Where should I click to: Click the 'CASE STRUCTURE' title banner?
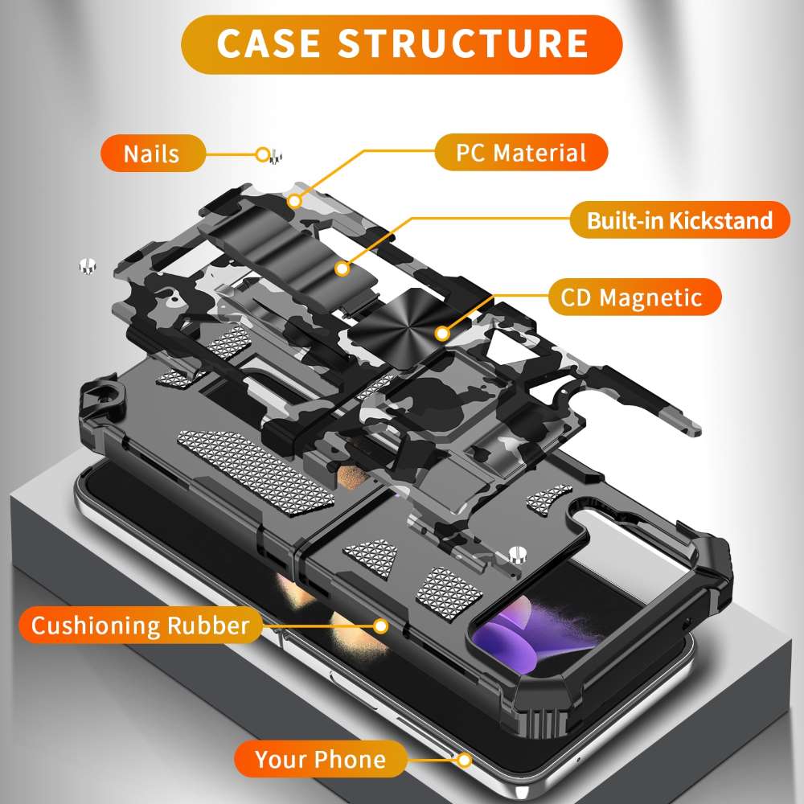pyautogui.click(x=402, y=44)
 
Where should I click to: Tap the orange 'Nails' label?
pyautogui.click(x=152, y=153)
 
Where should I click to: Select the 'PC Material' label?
pyautogui.click(x=521, y=152)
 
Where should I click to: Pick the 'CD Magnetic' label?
pyautogui.click(x=628, y=297)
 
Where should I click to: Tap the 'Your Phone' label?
pyautogui.click(x=320, y=758)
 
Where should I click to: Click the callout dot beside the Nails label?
pyautogui.click(x=262, y=154)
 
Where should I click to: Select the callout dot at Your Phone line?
pyautogui.click(x=464, y=759)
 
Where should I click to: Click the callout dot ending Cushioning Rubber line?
pyautogui.click(x=381, y=625)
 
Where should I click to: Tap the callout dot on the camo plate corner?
pyautogui.click(x=295, y=199)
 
